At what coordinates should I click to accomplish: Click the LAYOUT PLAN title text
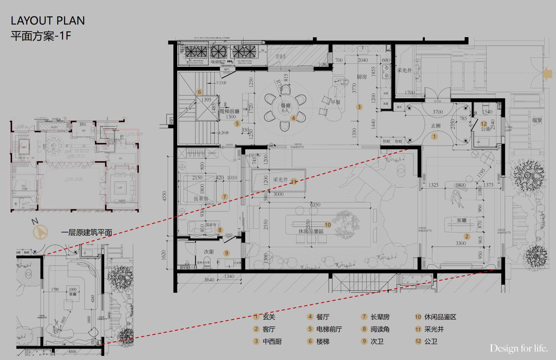click(x=48, y=21)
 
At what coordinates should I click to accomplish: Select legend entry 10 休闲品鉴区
click(x=436, y=317)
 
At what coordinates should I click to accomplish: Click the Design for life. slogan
click(x=519, y=348)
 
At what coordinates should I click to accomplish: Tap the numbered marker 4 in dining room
click(x=293, y=118)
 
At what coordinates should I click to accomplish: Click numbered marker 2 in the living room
click(x=467, y=236)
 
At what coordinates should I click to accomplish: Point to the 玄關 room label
click(x=436, y=126)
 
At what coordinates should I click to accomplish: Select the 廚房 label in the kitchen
click(x=362, y=77)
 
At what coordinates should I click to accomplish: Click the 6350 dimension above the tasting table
click(x=315, y=205)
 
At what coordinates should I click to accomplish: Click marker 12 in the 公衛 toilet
click(x=483, y=124)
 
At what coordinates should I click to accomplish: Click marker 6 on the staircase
click(x=200, y=92)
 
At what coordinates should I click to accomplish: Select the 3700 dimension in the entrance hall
click(x=437, y=111)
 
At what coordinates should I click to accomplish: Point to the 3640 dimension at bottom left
click(x=209, y=280)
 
